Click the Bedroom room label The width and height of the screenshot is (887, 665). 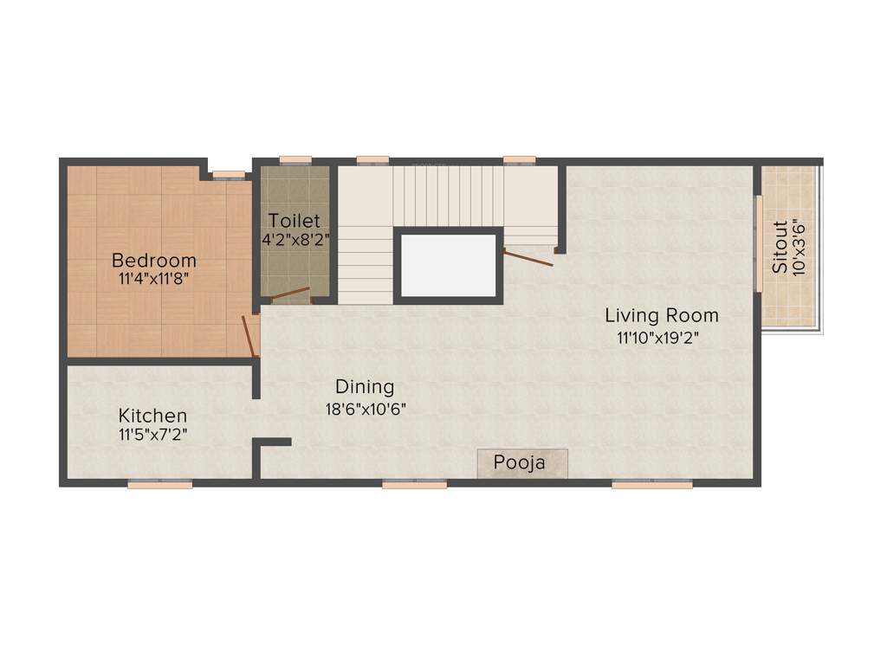[x=154, y=260]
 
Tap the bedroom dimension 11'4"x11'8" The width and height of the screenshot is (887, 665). [x=154, y=279]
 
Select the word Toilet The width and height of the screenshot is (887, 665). [x=294, y=220]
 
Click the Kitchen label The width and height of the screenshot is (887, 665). [x=152, y=416]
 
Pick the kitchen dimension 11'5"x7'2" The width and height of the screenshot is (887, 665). [x=153, y=435]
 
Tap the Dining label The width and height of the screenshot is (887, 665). [x=365, y=387]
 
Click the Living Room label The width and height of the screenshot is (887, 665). [x=662, y=315]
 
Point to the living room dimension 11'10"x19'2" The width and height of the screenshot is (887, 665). [x=657, y=338]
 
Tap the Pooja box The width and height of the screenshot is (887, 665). [x=521, y=462]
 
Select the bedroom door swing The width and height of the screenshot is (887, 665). [x=250, y=336]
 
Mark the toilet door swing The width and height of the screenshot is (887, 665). [x=289, y=294]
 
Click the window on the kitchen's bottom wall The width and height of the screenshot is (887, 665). [x=159, y=485]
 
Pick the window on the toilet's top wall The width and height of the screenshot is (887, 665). [x=295, y=159]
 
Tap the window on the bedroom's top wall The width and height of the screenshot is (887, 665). [x=229, y=175]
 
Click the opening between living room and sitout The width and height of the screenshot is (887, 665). [x=758, y=244]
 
